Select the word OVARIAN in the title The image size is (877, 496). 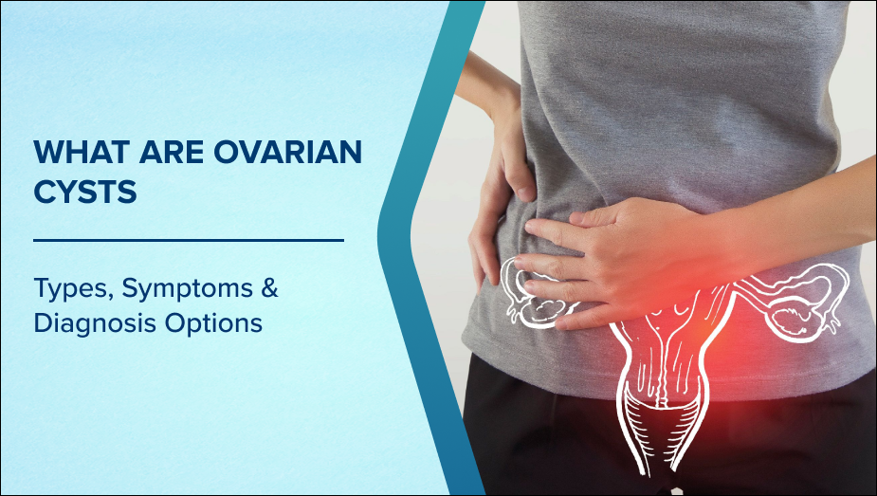pyautogui.click(x=287, y=152)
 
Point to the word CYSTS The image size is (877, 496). pyautogui.click(x=85, y=192)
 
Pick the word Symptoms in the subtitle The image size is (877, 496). pyautogui.click(x=188, y=288)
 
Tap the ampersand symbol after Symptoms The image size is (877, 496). pyautogui.click(x=269, y=287)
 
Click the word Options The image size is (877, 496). pyautogui.click(x=213, y=323)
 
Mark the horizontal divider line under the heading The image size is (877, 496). pyautogui.click(x=189, y=241)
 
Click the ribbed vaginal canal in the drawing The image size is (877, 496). pyautogui.click(x=660, y=425)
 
